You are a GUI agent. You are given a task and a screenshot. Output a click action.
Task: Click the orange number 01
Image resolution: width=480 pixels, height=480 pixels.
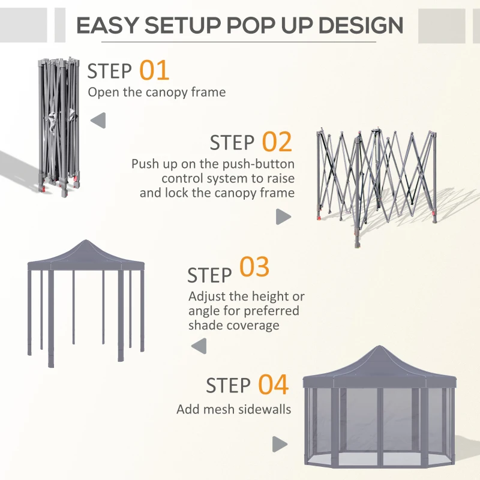click(154, 70)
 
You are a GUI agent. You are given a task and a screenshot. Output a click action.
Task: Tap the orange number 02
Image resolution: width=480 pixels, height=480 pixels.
click(277, 142)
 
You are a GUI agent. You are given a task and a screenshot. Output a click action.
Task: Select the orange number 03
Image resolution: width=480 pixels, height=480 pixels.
click(254, 268)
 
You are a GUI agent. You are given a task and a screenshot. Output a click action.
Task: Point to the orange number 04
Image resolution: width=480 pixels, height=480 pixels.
click(273, 385)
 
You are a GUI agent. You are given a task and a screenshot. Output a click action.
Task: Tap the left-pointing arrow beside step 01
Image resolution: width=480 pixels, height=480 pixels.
click(98, 120)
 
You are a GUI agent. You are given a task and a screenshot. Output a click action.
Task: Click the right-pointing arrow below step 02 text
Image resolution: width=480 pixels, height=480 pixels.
click(283, 217)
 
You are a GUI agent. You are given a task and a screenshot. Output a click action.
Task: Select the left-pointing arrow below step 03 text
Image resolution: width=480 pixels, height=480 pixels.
click(199, 346)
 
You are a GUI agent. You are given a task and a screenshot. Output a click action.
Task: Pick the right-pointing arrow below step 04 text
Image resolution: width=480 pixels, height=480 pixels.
click(280, 445)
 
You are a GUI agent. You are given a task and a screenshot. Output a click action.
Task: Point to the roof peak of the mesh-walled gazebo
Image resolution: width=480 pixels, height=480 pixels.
click(379, 350)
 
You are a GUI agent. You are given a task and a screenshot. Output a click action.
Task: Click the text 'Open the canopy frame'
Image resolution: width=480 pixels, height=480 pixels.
click(157, 92)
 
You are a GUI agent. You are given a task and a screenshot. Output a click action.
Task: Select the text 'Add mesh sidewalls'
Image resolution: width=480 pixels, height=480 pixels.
click(233, 410)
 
